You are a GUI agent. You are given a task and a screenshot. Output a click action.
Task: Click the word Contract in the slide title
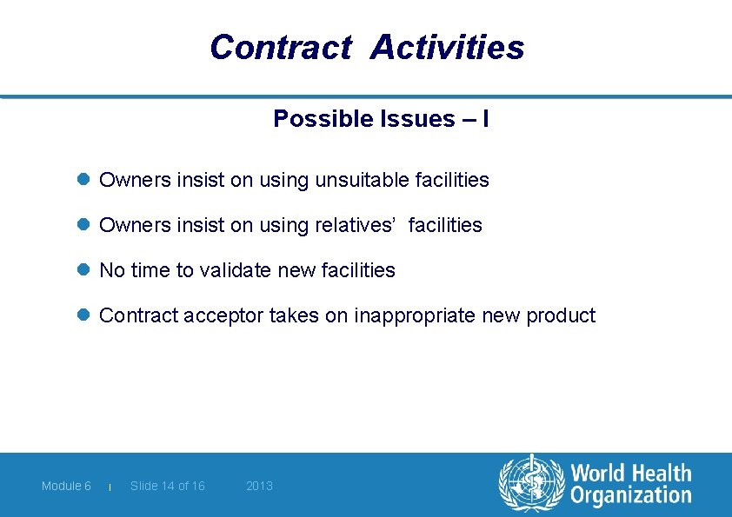(280, 47)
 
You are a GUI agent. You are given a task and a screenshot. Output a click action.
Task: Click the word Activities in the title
(447, 47)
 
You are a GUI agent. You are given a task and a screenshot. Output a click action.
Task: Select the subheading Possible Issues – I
(380, 119)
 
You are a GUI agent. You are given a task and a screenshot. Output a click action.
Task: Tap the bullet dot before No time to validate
(84, 270)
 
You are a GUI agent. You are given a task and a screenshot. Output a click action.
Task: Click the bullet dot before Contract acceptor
(84, 315)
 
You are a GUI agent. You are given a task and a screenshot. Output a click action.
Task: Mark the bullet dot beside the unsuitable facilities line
(84, 180)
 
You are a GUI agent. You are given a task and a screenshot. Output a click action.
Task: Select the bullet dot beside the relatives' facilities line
(84, 225)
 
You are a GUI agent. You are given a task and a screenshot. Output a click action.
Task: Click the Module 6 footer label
(66, 486)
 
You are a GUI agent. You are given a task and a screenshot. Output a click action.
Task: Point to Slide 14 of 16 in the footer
(168, 486)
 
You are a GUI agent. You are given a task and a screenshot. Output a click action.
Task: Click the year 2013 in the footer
(259, 486)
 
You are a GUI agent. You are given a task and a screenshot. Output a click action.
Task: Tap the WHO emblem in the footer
(530, 485)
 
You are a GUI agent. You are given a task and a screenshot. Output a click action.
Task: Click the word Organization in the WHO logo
(630, 496)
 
